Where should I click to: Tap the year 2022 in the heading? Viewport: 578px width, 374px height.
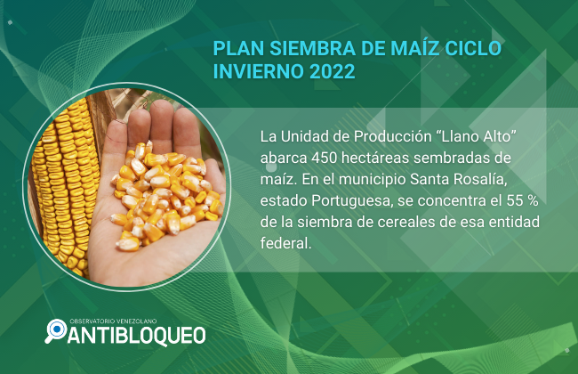pyautogui.click(x=332, y=71)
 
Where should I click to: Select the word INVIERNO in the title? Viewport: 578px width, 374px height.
pyautogui.click(x=259, y=71)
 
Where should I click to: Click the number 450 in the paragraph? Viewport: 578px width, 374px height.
pyautogui.click(x=324, y=158)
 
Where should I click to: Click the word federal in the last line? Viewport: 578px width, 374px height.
pyautogui.click(x=285, y=243)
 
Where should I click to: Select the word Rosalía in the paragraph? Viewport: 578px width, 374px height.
pyautogui.click(x=478, y=180)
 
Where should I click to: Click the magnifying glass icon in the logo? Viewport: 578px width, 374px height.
pyautogui.click(x=56, y=330)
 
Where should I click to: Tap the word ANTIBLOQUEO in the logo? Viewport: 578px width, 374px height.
pyautogui.click(x=136, y=336)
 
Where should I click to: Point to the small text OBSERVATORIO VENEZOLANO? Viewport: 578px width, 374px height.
pyautogui.click(x=113, y=321)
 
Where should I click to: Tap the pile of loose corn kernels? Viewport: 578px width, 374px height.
pyautogui.click(x=166, y=194)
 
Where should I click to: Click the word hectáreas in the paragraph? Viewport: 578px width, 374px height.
pyautogui.click(x=375, y=158)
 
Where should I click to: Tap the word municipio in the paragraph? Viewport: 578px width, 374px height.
pyautogui.click(x=373, y=180)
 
